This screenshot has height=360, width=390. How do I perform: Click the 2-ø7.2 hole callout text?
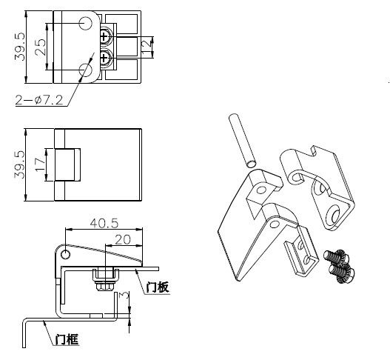pos(39,100)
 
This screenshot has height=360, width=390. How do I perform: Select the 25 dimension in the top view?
pos(40,47)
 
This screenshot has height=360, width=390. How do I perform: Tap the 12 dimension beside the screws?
pos(147,46)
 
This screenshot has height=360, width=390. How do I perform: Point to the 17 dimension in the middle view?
pos(40,164)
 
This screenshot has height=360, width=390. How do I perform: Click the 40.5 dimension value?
pos(104,223)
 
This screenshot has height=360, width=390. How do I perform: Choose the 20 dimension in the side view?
pos(123,240)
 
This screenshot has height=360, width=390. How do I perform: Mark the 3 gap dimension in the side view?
pos(124,296)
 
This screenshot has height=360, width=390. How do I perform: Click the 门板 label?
pos(158,287)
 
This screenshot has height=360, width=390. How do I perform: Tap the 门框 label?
pos(67,339)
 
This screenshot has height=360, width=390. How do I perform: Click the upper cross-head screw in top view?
pos(106,37)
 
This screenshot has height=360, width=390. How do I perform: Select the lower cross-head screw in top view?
pos(106,58)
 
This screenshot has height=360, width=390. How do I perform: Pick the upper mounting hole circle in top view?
pos(86,24)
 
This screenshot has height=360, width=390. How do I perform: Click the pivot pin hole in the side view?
pos(65,254)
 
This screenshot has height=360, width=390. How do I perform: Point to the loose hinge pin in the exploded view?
pos(243,141)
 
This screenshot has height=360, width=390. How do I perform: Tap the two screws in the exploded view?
pos(340,267)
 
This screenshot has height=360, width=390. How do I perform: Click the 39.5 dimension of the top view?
pos(20,47)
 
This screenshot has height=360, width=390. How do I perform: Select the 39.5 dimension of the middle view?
pos(20,164)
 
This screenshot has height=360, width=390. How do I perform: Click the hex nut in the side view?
pos(106,286)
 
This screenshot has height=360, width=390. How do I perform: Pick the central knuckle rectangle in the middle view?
pos(67,164)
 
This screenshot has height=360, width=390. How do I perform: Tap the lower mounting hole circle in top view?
pos(86,70)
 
